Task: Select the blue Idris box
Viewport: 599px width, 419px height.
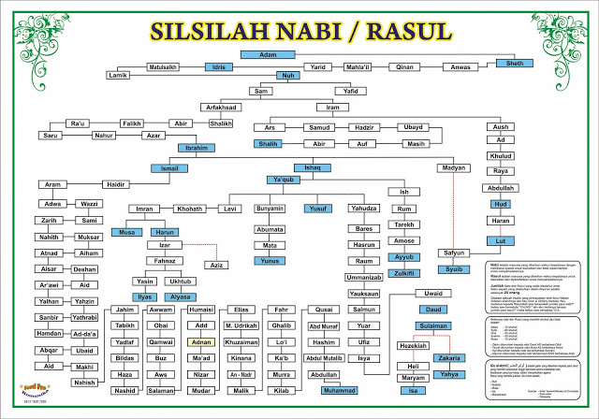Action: (217, 68)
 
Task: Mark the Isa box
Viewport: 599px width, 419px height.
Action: (413, 390)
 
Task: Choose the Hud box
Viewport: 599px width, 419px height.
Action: (502, 204)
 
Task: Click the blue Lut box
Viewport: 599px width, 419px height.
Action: (502, 240)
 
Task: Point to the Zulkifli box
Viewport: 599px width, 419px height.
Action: (404, 272)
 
